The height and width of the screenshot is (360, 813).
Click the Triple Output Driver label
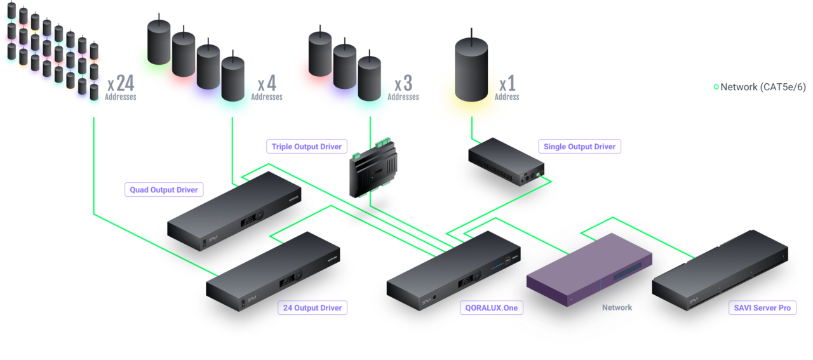(307, 147)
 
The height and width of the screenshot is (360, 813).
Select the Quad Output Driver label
(164, 189)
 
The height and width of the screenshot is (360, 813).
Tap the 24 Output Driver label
(313, 309)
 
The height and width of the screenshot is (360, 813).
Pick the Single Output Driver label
(579, 147)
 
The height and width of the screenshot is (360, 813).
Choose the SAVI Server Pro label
(762, 308)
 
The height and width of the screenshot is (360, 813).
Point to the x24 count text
(120, 84)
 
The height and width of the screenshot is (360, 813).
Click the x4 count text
(267, 84)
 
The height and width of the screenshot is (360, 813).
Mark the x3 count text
(403, 84)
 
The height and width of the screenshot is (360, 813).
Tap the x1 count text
(507, 84)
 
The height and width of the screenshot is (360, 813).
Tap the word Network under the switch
(617, 307)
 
